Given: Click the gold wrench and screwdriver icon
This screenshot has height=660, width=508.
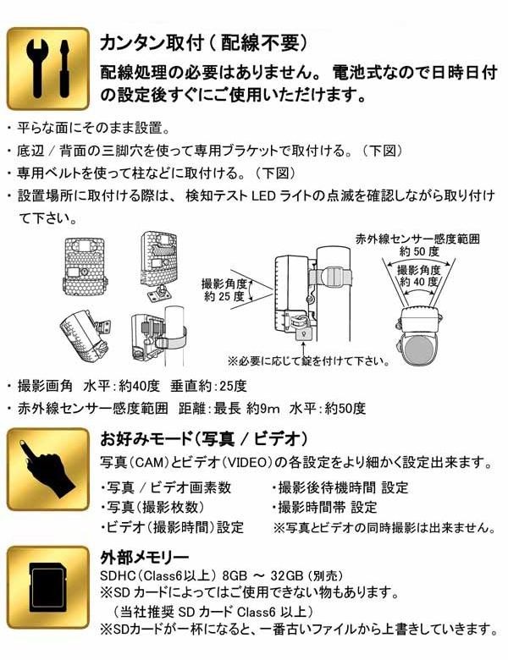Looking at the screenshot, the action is pyautogui.click(x=48, y=69).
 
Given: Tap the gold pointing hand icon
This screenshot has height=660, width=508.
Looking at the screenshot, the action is pyautogui.click(x=48, y=469).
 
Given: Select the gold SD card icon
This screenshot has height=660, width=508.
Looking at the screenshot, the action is pyautogui.click(x=48, y=587).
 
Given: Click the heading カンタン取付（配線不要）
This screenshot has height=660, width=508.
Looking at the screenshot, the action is pyautogui.click(x=204, y=43).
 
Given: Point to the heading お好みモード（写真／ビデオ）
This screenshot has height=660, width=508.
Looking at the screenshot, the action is pyautogui.click(x=204, y=439).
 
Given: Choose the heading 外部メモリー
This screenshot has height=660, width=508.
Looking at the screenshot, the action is pyautogui.click(x=145, y=558).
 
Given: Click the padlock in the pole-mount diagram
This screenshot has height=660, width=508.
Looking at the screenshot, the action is pyautogui.click(x=303, y=333).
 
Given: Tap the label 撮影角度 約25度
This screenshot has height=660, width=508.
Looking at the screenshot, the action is pyautogui.click(x=224, y=289).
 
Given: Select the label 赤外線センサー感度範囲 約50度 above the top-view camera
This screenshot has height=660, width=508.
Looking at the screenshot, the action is pyautogui.click(x=417, y=245).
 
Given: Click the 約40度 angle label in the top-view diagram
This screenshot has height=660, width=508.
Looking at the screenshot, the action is pyautogui.click(x=419, y=281).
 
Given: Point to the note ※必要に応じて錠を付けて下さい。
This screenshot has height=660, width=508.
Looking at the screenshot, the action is pyautogui.click(x=309, y=360).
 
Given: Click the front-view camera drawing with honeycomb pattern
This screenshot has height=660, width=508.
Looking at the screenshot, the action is pyautogui.click(x=84, y=267).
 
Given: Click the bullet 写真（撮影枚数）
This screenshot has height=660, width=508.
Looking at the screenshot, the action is pyautogui.click(x=152, y=507).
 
